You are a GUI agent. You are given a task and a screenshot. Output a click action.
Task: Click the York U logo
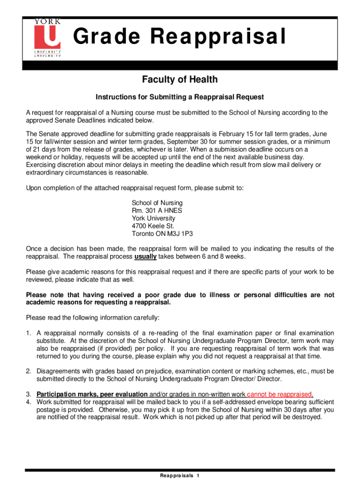tap(47, 37)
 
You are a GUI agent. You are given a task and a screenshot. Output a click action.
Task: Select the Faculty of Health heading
tap(180, 80)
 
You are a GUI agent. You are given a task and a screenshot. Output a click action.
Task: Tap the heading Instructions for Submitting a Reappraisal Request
tap(180, 97)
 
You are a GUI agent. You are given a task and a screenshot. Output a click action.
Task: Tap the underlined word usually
tap(145, 257)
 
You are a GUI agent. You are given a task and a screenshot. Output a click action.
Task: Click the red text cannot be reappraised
tap(280, 394)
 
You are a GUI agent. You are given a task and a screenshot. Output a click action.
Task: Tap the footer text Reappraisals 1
tap(180, 475)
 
